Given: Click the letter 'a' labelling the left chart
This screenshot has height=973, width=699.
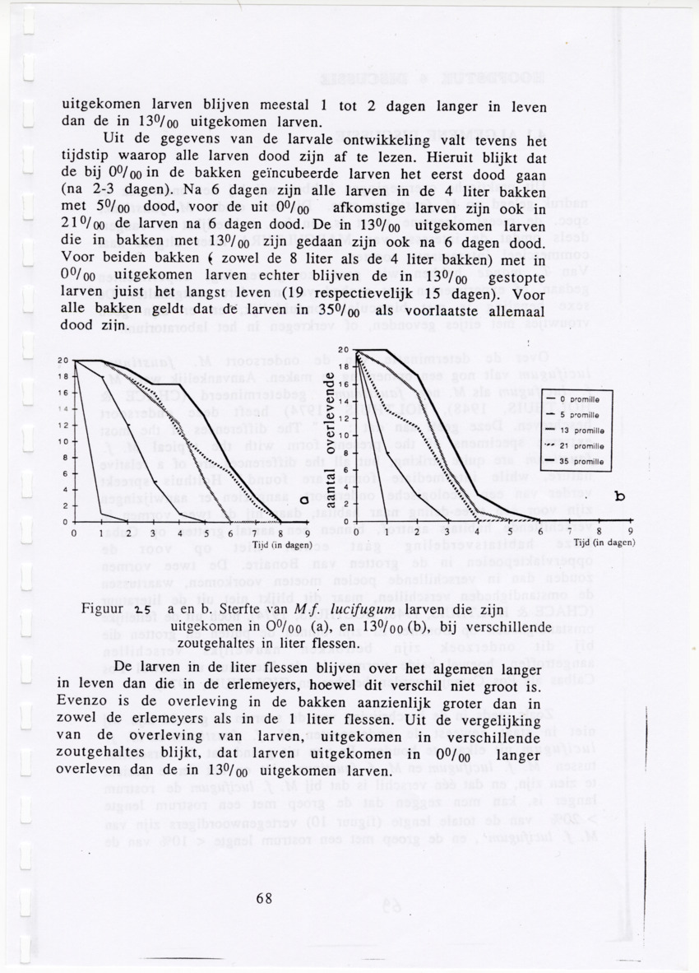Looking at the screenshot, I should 304,499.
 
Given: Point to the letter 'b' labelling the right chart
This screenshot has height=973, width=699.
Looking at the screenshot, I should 618,497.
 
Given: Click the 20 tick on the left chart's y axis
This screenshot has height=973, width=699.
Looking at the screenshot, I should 62,361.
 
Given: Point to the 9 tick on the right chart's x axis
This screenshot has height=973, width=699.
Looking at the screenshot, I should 629,532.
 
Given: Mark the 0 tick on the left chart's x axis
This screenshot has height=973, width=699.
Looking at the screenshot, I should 75,533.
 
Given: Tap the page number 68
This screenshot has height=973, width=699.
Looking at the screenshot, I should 263,899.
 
